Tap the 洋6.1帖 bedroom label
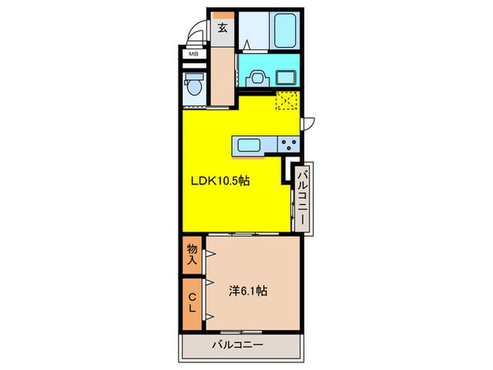click(246, 290)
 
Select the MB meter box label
click(192, 53)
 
